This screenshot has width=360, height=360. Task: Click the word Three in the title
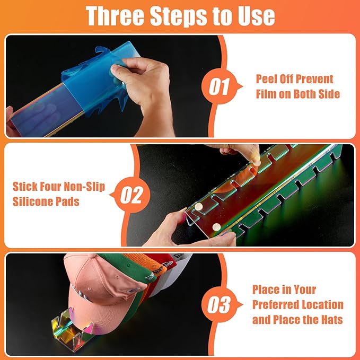pyautogui.click(x=115, y=16)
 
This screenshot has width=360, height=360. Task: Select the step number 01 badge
pyautogui.click(x=219, y=86)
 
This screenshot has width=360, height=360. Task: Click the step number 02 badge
pyautogui.click(x=131, y=195)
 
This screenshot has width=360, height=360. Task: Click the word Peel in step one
pyautogui.click(x=265, y=79)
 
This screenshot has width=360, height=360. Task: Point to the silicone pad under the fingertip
pyautogui.click(x=257, y=163)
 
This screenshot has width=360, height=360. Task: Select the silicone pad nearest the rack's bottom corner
pyautogui.click(x=216, y=227)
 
